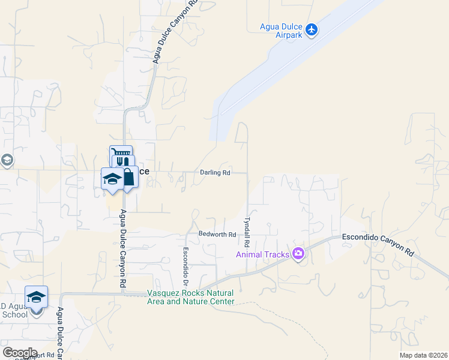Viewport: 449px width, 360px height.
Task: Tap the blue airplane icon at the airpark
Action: click(x=311, y=29)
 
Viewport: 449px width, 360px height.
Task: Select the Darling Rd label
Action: click(x=215, y=173)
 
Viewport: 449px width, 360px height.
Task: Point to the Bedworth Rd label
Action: click(x=217, y=234)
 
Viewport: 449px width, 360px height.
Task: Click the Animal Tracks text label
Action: click(x=262, y=254)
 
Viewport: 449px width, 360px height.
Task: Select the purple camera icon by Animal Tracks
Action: click(x=298, y=254)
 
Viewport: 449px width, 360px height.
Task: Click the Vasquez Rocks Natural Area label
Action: click(x=190, y=298)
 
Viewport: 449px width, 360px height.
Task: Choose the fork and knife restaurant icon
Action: click(x=123, y=162)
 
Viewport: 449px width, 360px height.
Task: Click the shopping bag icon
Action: click(x=128, y=176)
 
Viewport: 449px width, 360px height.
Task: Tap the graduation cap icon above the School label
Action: click(x=36, y=296)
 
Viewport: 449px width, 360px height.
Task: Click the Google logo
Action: click(x=19, y=352)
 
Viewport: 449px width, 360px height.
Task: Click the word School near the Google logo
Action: click(x=14, y=314)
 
